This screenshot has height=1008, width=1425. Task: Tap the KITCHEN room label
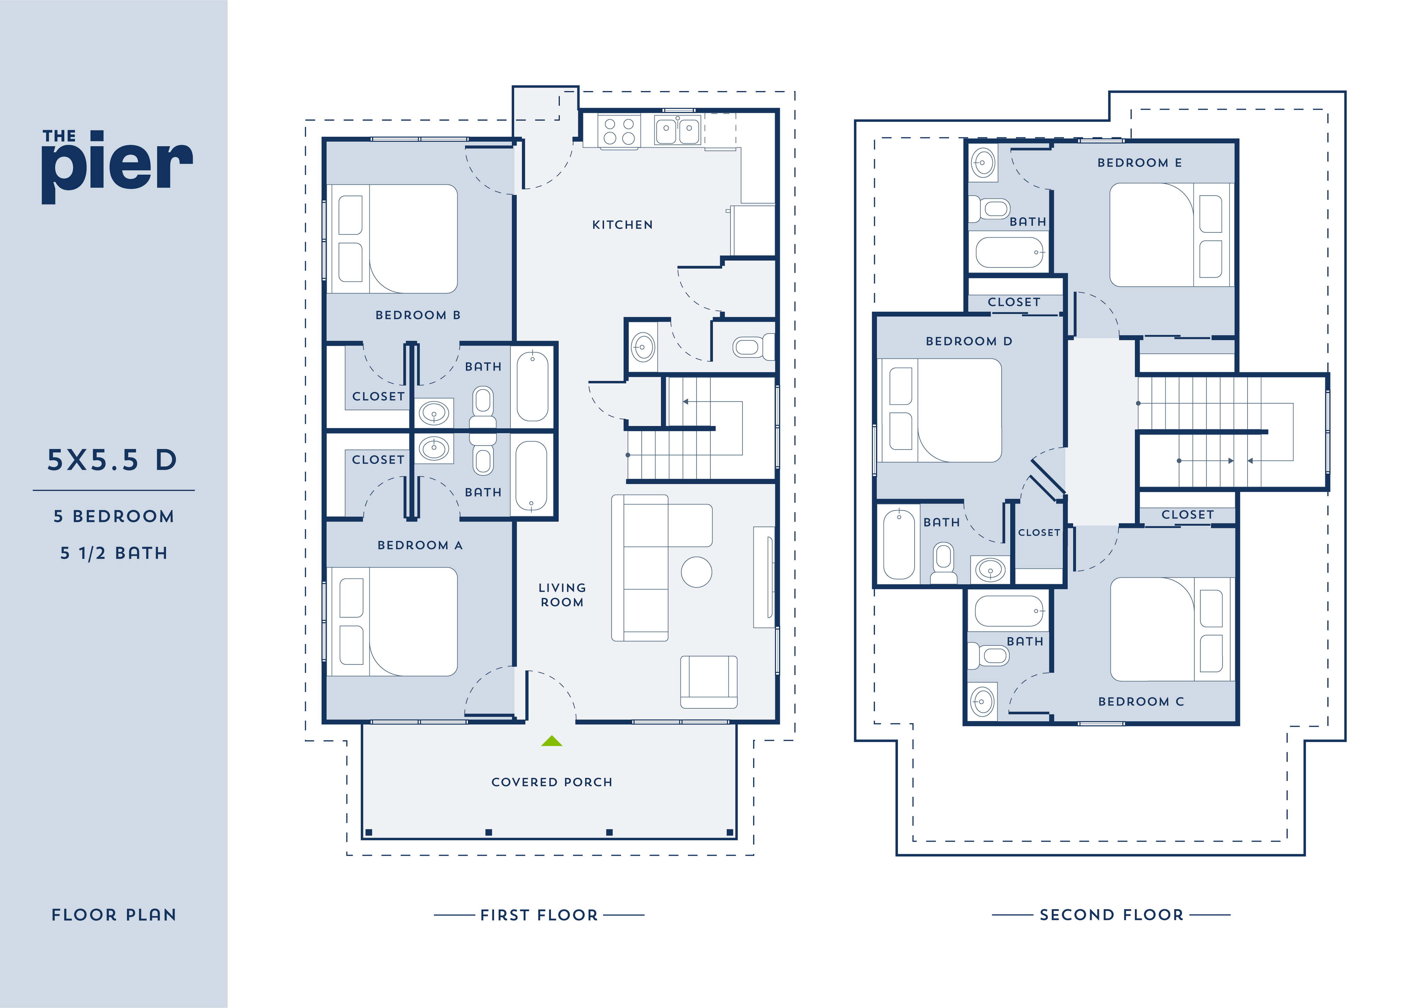[x=622, y=225]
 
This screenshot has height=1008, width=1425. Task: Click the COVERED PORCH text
[x=552, y=782]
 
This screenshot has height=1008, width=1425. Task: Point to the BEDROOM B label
[x=418, y=315]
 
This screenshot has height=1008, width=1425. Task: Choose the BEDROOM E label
[x=1139, y=162]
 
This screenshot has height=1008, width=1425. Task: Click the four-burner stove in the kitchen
[x=619, y=131]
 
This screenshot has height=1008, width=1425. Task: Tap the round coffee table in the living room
[x=696, y=572]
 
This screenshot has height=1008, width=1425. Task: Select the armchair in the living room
[x=709, y=682]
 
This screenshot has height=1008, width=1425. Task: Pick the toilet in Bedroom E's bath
[x=989, y=209]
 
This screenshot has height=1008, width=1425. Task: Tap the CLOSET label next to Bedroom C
[x=1187, y=515]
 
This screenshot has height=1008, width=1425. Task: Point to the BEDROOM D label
[x=969, y=341]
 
